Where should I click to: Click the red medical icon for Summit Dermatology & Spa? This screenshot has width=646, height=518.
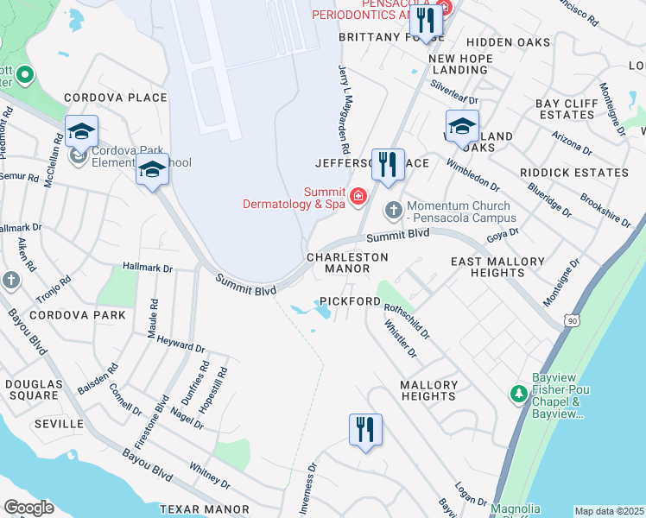point(358,197)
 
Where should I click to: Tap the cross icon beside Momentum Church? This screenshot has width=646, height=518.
point(393,209)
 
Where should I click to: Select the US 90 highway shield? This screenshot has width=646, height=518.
point(571,320)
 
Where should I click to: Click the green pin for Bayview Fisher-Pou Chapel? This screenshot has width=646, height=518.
point(518,394)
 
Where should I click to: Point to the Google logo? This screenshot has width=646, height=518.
point(28,508)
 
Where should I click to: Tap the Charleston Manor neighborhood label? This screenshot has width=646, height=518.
point(345,262)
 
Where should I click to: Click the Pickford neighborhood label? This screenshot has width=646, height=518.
point(350,301)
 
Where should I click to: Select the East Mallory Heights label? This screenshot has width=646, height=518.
point(497,267)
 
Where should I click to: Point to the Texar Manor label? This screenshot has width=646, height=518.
point(203,509)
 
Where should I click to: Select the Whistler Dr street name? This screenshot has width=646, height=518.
point(401,340)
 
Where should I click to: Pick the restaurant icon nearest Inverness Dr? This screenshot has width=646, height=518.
point(365,428)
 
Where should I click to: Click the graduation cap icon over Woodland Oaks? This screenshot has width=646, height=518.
point(462,125)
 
